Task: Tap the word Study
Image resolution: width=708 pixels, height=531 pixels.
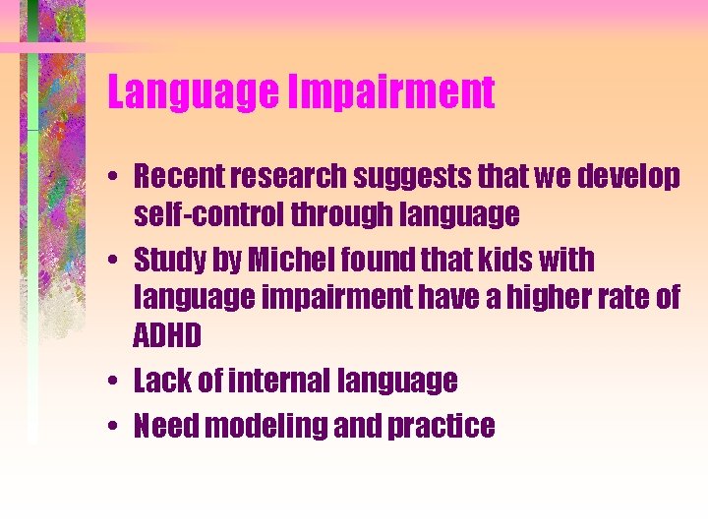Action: click(167, 262)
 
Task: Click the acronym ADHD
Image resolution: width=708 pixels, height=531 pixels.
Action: click(167, 336)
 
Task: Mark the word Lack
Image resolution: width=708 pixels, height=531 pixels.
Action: click(159, 380)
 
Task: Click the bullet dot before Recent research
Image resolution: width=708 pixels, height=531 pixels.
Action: click(115, 178)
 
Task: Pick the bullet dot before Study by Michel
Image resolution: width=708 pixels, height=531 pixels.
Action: click(115, 262)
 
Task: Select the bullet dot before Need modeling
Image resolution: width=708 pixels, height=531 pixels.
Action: click(115, 427)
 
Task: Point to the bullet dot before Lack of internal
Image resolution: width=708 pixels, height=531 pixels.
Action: click(115, 381)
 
